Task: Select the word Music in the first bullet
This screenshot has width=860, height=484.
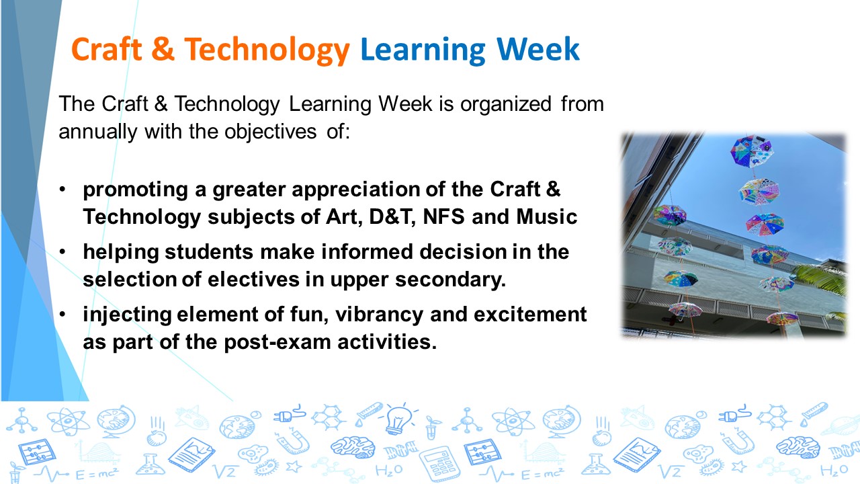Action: (548, 217)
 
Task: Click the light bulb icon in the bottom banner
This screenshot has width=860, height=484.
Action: (398, 419)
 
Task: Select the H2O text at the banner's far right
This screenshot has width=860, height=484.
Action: (834, 469)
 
